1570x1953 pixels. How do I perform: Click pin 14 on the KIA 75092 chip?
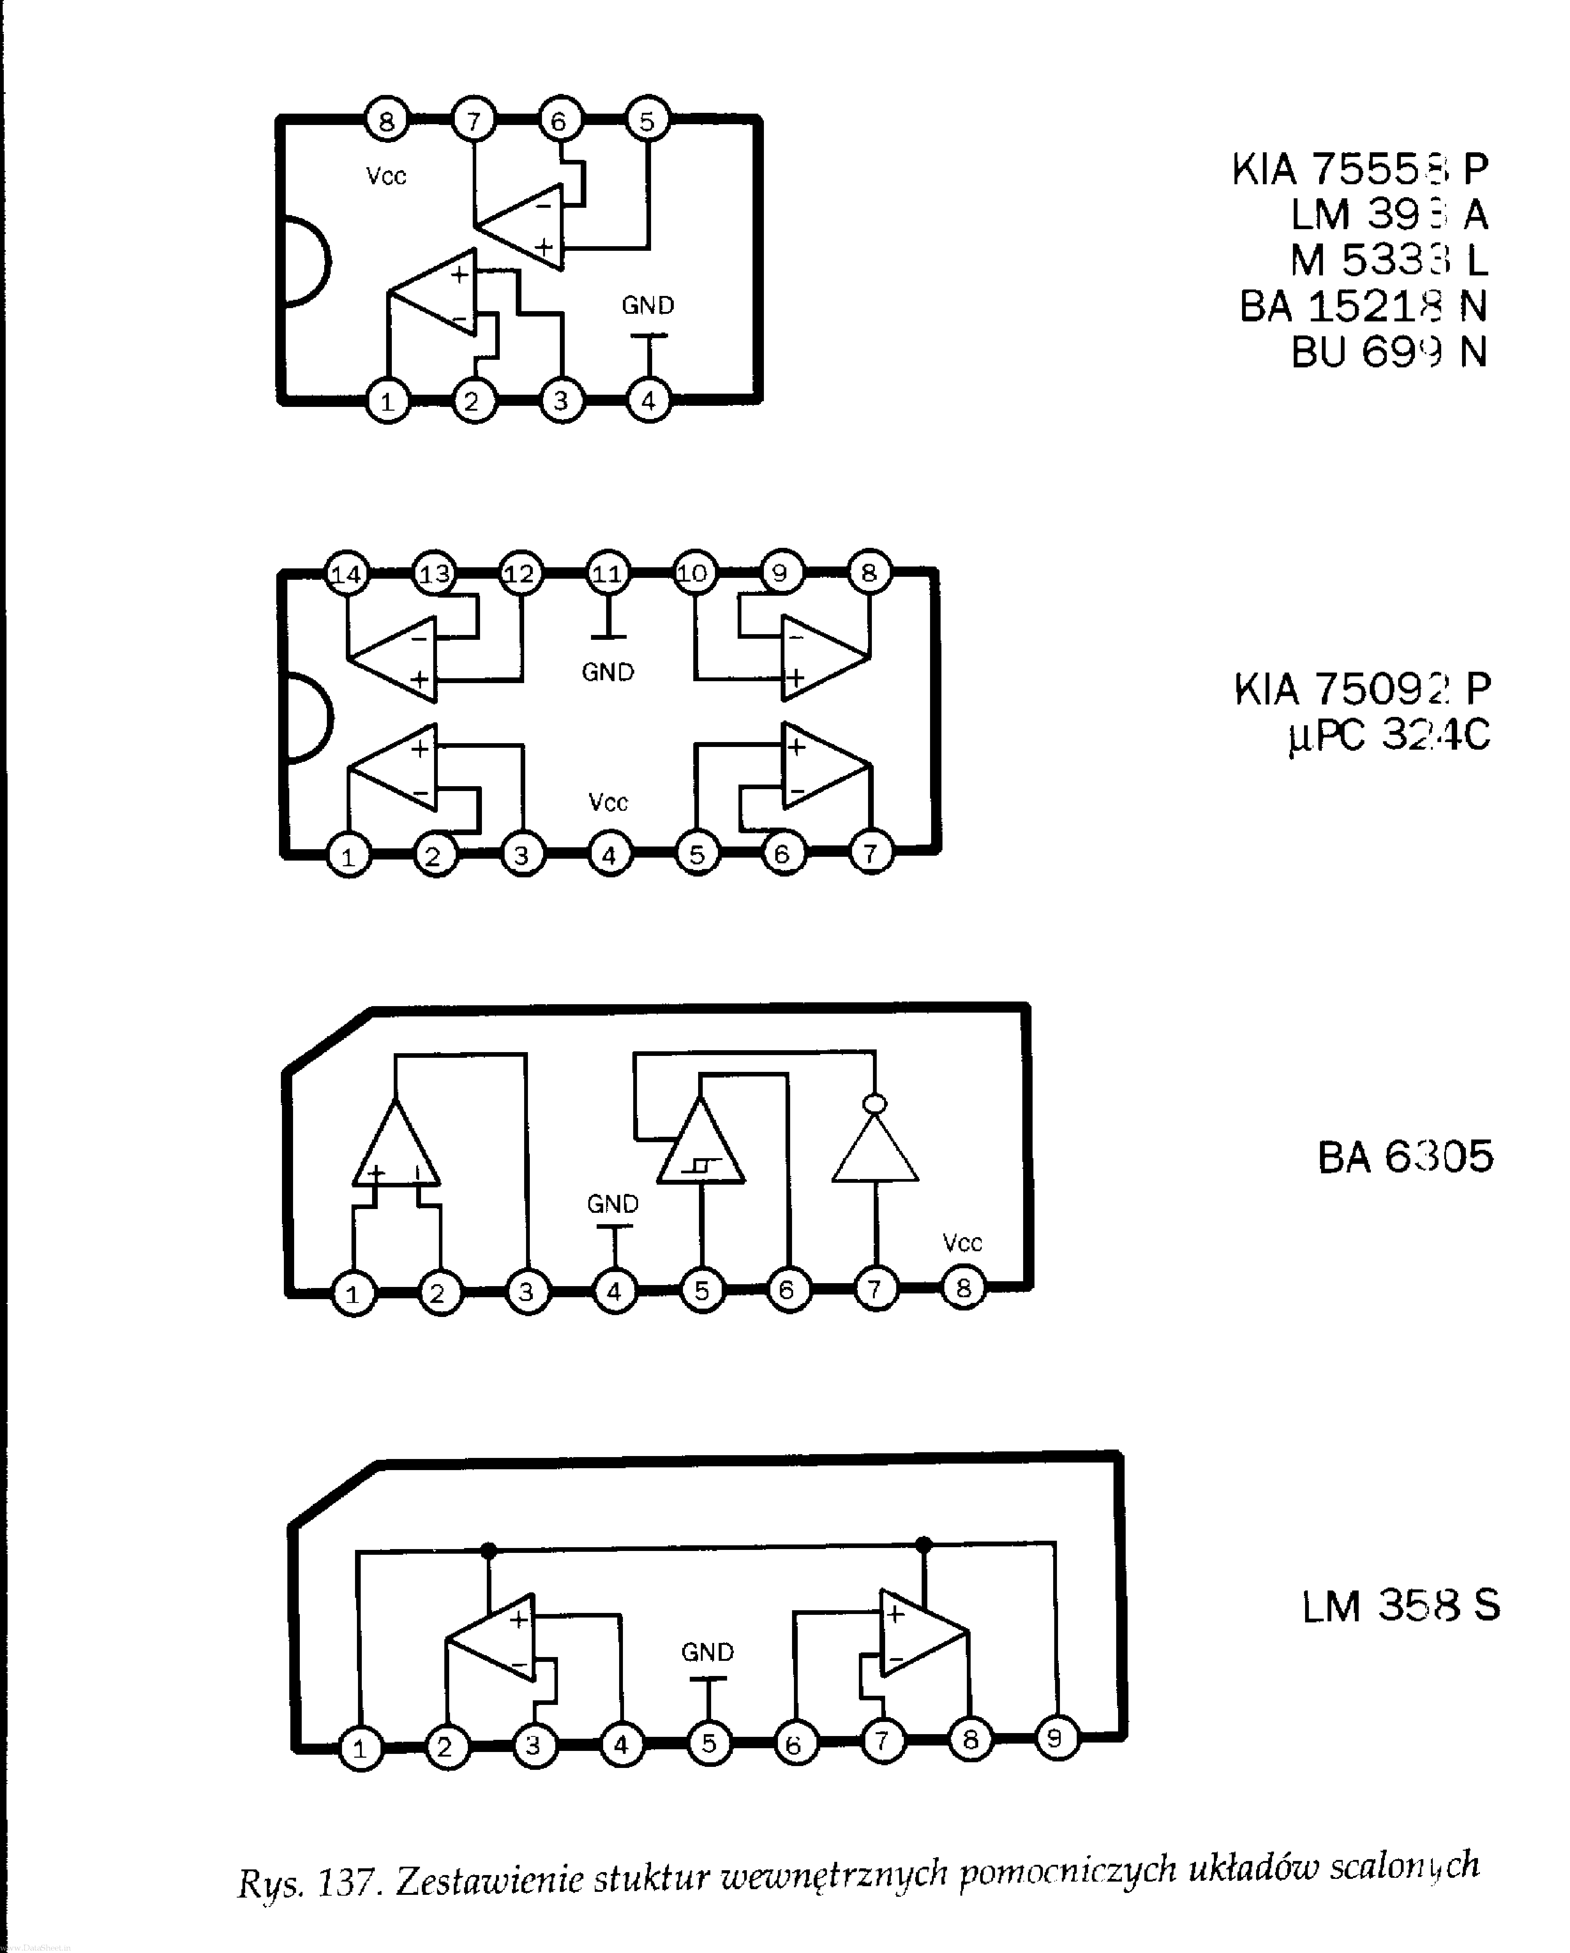coord(346,573)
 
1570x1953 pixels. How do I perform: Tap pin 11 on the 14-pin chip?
coord(607,573)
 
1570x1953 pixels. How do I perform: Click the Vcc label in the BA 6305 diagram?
coord(962,1243)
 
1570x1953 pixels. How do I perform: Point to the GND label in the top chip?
coord(648,305)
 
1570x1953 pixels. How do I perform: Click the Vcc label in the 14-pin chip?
coord(608,802)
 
